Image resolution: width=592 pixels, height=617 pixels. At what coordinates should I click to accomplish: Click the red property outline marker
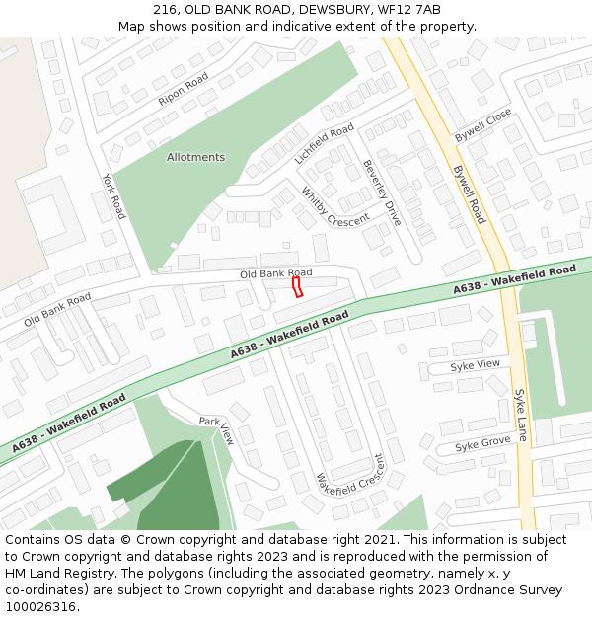(296, 286)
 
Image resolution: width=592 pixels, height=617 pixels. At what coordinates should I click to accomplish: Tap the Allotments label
(195, 157)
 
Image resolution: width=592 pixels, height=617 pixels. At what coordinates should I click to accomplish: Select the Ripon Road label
(184, 89)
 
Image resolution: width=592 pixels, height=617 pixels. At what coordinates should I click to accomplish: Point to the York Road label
(114, 195)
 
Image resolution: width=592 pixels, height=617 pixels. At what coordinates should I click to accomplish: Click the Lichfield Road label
(324, 144)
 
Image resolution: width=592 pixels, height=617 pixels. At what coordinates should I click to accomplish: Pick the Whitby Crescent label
(334, 206)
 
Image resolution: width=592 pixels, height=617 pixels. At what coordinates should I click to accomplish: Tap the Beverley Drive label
(382, 192)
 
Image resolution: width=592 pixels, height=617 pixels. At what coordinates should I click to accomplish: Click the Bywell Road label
(469, 193)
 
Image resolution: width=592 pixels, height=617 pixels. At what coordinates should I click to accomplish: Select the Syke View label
(476, 364)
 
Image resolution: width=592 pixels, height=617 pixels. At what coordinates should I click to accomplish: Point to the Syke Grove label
(482, 444)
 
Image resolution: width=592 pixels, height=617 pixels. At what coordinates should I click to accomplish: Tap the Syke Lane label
(521, 414)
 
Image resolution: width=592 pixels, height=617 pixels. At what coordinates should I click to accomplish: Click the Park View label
(217, 430)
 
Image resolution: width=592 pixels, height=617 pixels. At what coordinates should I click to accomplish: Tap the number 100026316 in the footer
(41, 607)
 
